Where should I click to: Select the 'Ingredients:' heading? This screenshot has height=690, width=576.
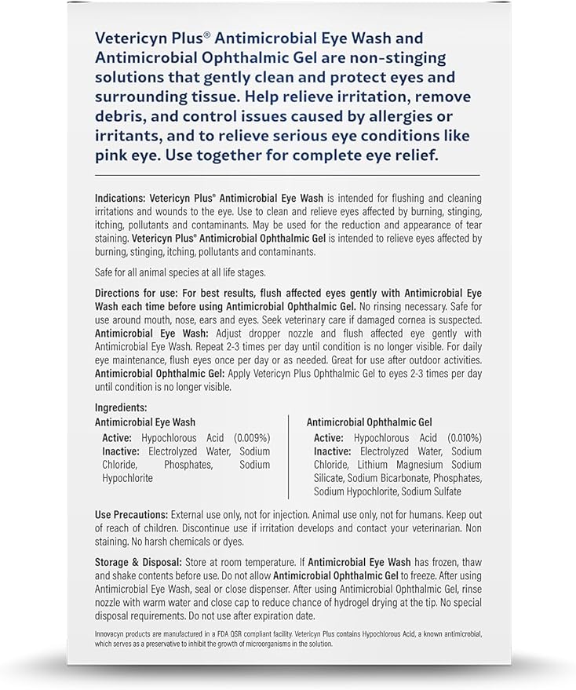pos(120,408)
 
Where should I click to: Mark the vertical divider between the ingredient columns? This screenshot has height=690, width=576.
pos(288,457)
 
